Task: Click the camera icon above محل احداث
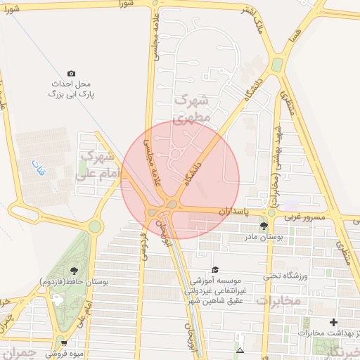(x=71, y=73)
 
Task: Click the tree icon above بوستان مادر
(x=263, y=226)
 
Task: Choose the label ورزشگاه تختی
(x=286, y=276)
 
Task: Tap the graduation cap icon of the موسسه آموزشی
(x=215, y=269)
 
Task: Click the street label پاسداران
(x=234, y=210)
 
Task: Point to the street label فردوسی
(x=144, y=243)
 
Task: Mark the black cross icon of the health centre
(x=333, y=322)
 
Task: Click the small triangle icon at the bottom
(x=240, y=349)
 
